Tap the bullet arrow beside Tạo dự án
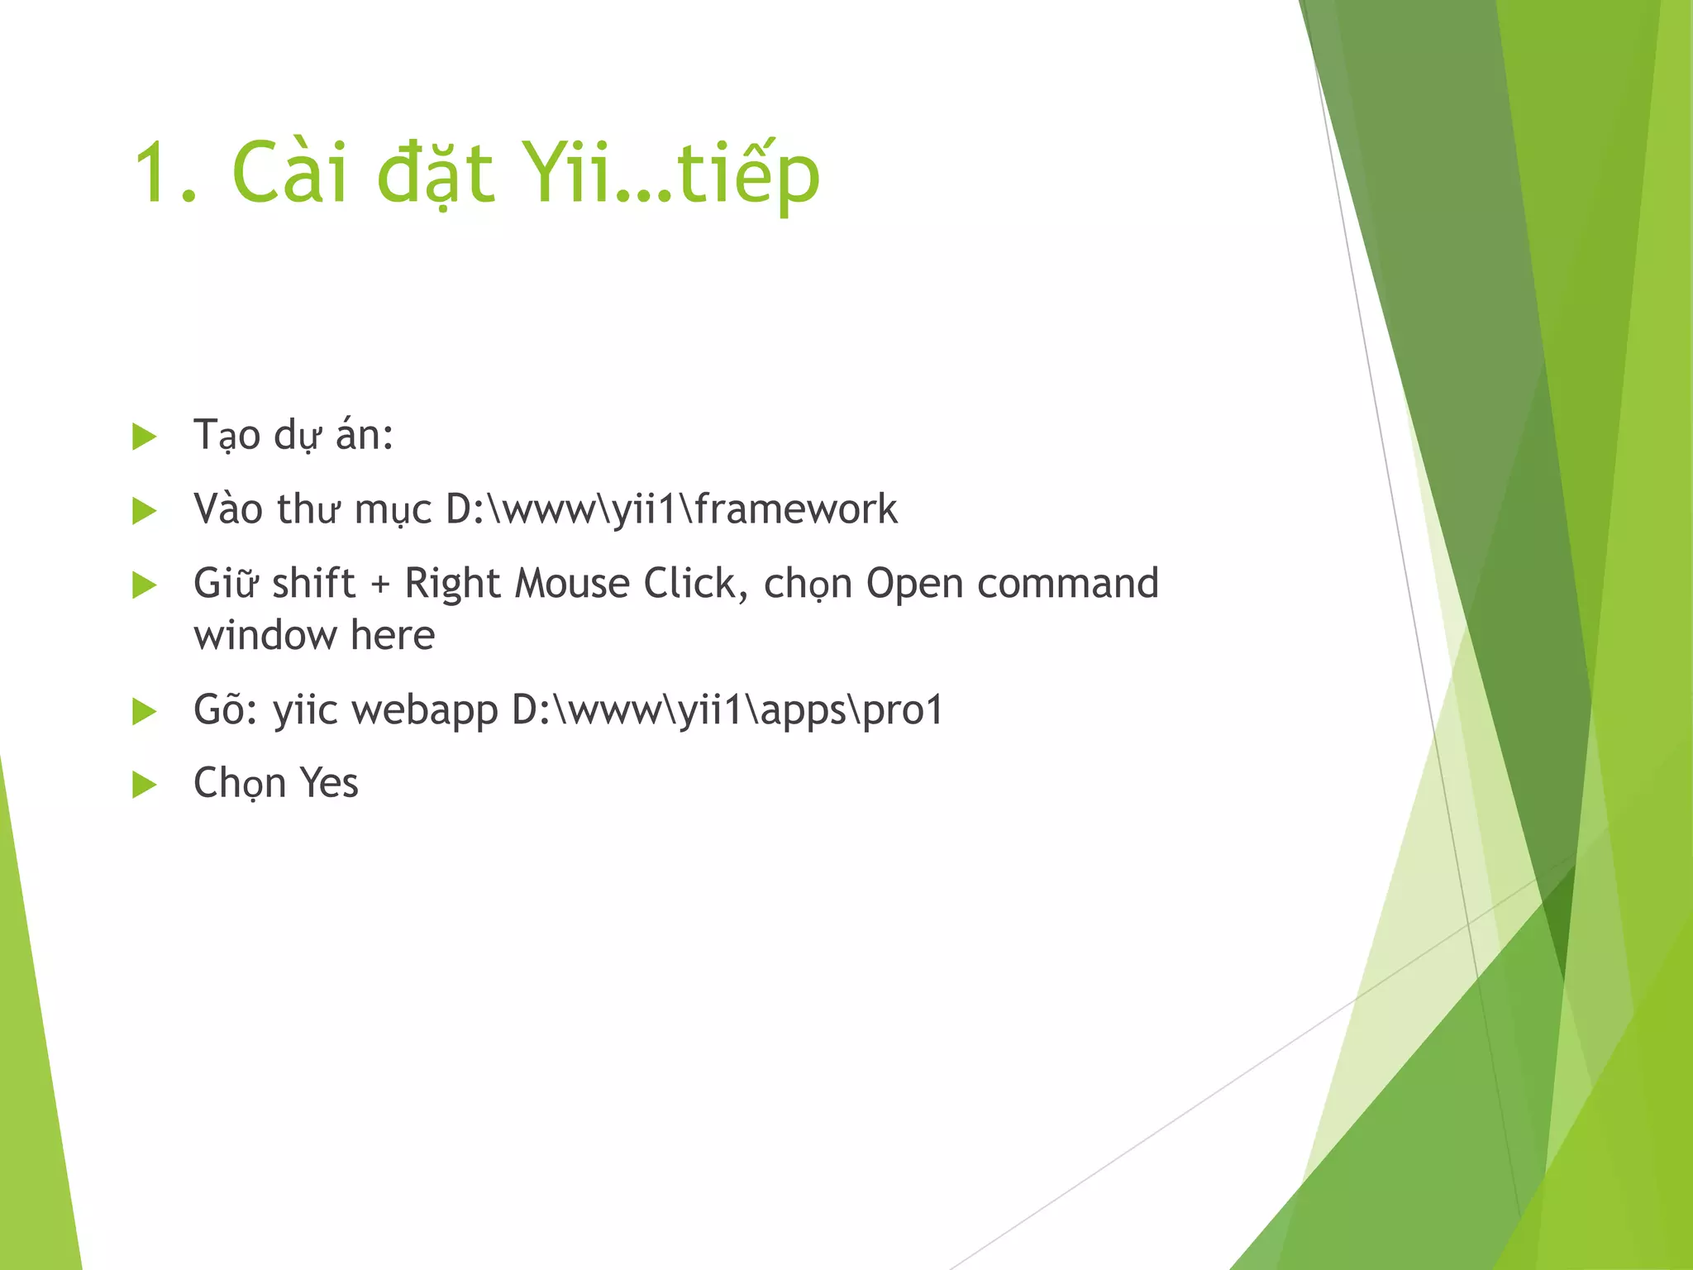[144, 437]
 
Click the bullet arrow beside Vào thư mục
[144, 510]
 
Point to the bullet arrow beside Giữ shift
[144, 585]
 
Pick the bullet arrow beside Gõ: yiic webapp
[144, 711]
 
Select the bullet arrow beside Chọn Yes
[144, 784]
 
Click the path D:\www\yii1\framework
[670, 509]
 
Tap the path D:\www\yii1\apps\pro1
[727, 710]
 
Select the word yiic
[305, 710]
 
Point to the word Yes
[328, 783]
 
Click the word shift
[313, 584]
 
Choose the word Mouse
[572, 584]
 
